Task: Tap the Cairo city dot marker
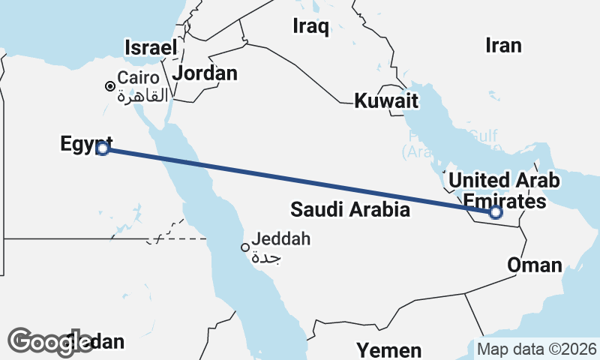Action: click(x=110, y=87)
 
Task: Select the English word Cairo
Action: click(x=138, y=78)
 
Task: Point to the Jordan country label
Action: click(x=205, y=73)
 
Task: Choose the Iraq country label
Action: click(x=310, y=28)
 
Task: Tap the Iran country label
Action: click(x=502, y=46)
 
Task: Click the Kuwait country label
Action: click(x=386, y=100)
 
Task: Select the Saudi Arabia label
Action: click(x=350, y=209)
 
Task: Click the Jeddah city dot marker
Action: click(x=244, y=247)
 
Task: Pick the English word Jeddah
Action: click(x=280, y=240)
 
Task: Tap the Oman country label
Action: click(x=534, y=265)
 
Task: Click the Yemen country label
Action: click(x=388, y=349)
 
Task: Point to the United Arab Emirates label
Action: click(x=503, y=190)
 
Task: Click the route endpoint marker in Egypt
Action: click(x=103, y=148)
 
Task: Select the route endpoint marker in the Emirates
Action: click(x=495, y=213)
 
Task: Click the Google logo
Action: click(x=49, y=341)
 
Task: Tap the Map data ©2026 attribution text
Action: click(x=537, y=349)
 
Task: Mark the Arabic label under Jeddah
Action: click(x=268, y=257)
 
